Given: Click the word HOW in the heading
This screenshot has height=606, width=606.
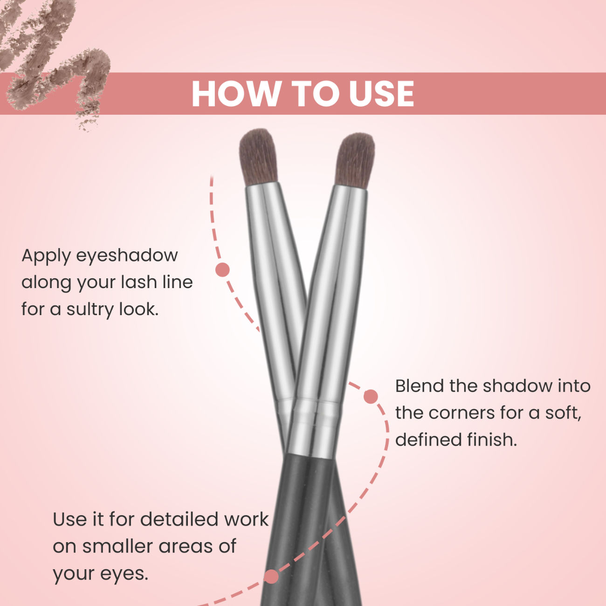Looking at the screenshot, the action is (236, 94).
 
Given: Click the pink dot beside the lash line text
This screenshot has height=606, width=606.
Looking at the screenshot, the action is (223, 270).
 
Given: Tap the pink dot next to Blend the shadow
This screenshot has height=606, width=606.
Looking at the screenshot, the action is (371, 396).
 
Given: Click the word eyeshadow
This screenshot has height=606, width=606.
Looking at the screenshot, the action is (127, 256).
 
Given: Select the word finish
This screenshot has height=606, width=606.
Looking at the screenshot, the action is (492, 440).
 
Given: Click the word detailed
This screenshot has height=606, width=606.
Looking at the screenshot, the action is (179, 519).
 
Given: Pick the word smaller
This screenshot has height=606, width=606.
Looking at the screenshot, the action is (117, 546).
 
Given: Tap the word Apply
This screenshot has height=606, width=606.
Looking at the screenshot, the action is (46, 256).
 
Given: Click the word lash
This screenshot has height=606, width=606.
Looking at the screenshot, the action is (139, 282).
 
